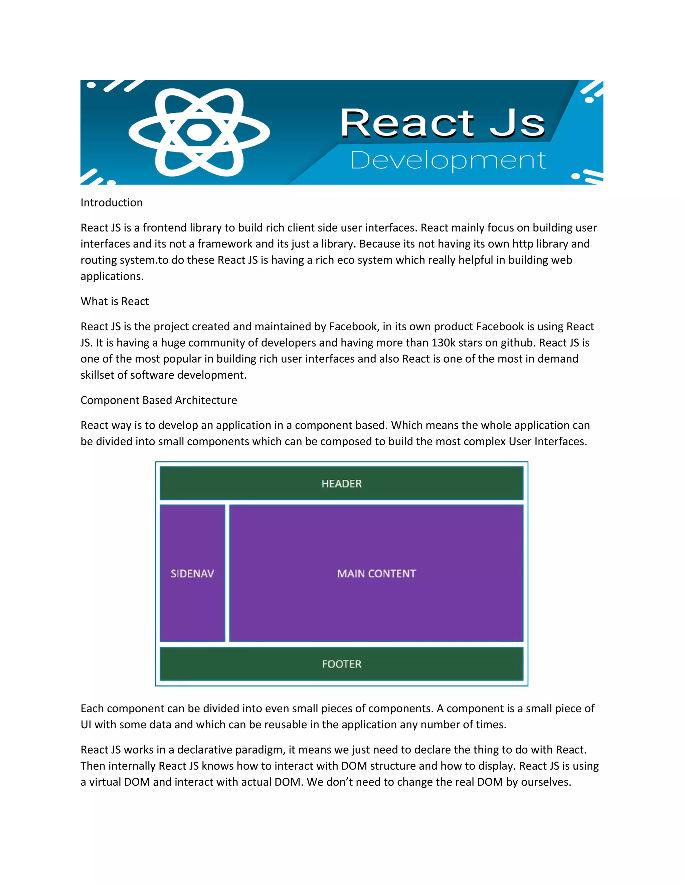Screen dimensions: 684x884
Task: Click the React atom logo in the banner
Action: pyautogui.click(x=199, y=132)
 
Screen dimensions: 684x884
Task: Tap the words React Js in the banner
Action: pyautogui.click(x=443, y=123)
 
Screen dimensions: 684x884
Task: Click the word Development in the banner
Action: pyautogui.click(x=448, y=160)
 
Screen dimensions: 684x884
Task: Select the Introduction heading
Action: pyautogui.click(x=112, y=202)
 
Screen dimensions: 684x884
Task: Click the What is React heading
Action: pyautogui.click(x=115, y=301)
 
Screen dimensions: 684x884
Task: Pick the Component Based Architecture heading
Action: pyautogui.click(x=159, y=400)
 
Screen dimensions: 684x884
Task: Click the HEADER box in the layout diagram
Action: pyautogui.click(x=342, y=483)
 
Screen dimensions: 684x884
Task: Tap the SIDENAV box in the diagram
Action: pyautogui.click(x=192, y=573)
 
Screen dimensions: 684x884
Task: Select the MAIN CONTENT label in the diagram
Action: pyautogui.click(x=376, y=573)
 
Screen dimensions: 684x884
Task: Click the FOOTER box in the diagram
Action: pyautogui.click(x=342, y=664)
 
